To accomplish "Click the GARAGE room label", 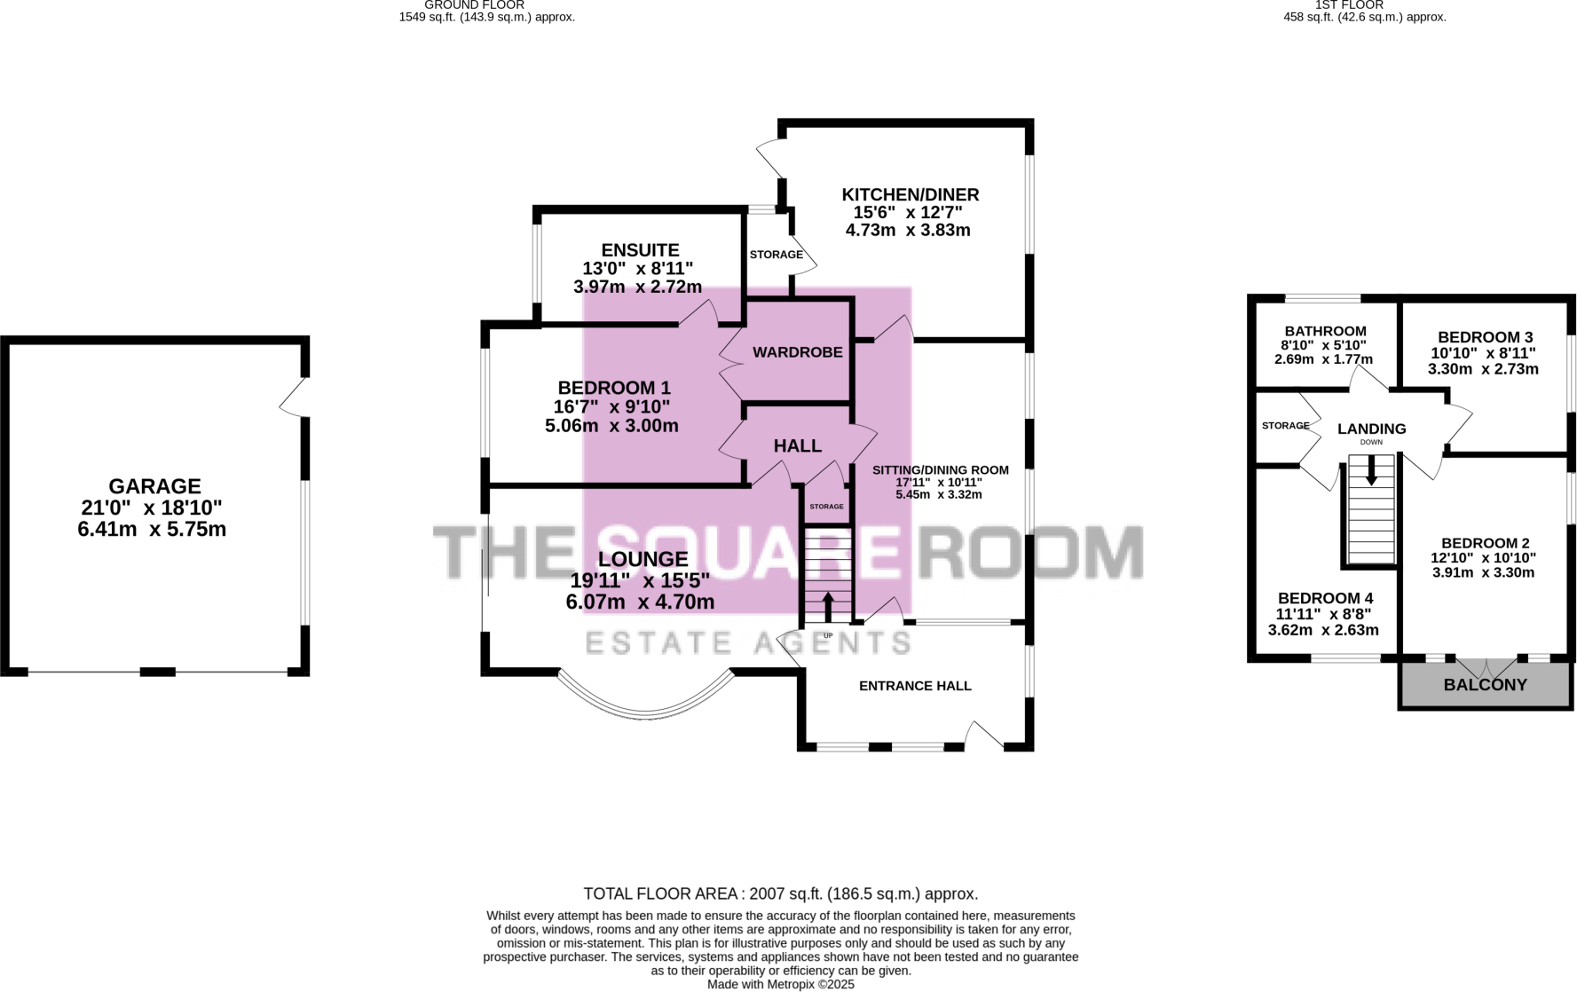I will point(154,486).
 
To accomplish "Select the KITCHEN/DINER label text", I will point(910,194).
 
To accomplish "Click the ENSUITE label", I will point(640,250).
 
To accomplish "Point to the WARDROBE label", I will point(797,352).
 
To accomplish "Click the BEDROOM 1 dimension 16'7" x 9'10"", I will point(611,406).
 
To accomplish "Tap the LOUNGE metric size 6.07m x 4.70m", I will point(640,602).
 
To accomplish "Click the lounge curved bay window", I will point(646,705).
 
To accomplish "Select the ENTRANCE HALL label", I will point(915,686).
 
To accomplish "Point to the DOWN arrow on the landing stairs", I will point(1371,470).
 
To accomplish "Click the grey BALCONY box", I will point(1485,685).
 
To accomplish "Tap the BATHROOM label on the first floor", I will point(1325,331).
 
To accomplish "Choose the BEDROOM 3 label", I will point(1485,337).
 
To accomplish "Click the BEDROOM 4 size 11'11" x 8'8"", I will point(1325,614).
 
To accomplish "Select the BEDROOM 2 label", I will point(1485,543).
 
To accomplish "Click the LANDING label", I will point(1371,429).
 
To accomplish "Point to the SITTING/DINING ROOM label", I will point(940,470).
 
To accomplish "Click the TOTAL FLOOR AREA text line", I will point(780,894).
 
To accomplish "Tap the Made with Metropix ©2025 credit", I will point(780,984).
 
